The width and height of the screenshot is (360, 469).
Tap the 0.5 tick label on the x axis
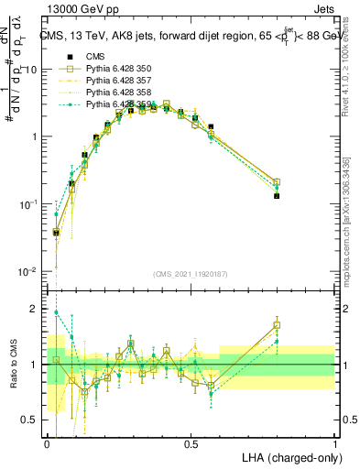pos(191,442)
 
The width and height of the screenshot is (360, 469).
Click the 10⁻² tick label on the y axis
pos(28,272)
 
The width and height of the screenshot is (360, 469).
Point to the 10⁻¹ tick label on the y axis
pos(28,204)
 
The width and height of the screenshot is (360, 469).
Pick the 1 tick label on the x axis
pos(334,442)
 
